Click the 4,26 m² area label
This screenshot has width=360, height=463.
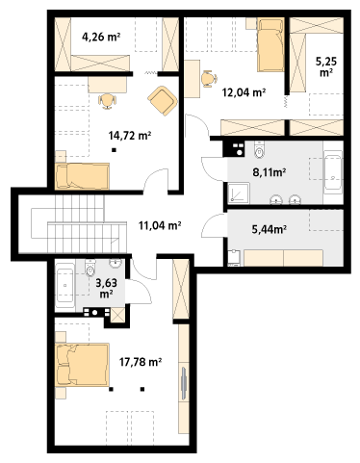(x=101, y=37)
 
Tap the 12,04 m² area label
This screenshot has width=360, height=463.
(x=244, y=92)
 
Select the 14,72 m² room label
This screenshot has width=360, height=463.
(x=130, y=136)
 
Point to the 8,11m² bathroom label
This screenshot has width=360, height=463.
(x=270, y=172)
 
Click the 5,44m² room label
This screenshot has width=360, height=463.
(x=270, y=229)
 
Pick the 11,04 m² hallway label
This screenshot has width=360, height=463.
(x=160, y=225)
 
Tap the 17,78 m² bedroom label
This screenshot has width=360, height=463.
(x=141, y=362)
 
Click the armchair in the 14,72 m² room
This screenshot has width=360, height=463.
(x=163, y=101)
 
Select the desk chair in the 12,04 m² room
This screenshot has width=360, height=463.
(x=209, y=78)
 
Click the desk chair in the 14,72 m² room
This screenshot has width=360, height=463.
(x=107, y=101)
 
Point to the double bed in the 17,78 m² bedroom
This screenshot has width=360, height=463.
(x=82, y=365)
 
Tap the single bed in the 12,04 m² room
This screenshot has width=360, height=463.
(x=270, y=44)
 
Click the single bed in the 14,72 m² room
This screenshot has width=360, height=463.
(x=82, y=176)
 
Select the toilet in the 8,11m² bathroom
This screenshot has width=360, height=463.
(x=259, y=150)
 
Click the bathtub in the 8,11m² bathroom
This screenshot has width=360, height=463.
(x=333, y=172)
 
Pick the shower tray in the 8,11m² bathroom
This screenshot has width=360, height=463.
(x=239, y=193)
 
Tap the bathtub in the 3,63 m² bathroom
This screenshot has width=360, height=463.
(x=65, y=285)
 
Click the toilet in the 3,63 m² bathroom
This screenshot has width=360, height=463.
(x=90, y=268)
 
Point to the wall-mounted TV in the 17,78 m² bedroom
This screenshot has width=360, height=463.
(x=184, y=384)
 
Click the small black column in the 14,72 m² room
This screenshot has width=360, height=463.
(x=114, y=150)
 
